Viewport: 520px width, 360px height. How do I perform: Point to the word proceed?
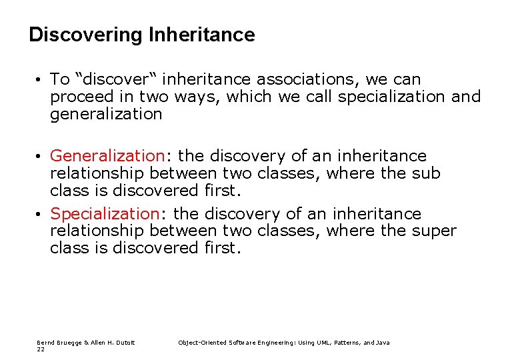(77, 97)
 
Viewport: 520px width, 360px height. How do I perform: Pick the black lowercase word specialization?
(391, 97)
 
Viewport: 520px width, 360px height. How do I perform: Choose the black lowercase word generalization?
(106, 114)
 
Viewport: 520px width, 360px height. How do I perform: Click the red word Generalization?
(107, 156)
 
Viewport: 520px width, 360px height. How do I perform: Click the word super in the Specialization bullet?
(433, 231)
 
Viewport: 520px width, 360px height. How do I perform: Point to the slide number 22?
(41, 349)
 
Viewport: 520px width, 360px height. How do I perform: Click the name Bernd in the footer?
(45, 343)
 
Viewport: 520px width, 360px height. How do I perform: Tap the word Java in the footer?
(383, 343)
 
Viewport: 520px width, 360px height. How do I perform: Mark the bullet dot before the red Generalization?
(40, 157)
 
